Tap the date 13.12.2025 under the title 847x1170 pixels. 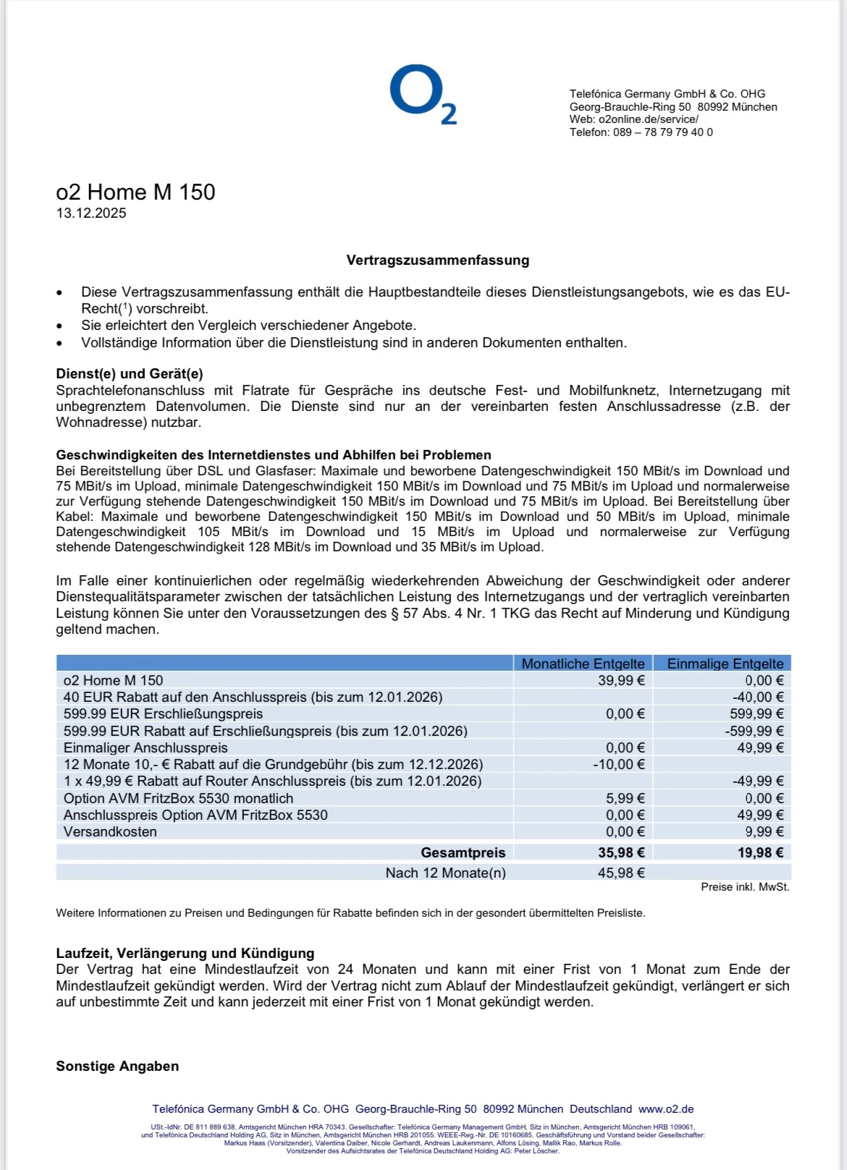point(91,213)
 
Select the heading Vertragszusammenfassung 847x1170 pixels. point(437,260)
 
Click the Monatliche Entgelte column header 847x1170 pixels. point(583,664)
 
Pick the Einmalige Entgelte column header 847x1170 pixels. point(725,664)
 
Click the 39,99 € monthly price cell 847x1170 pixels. point(620,680)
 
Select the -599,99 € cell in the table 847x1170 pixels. point(754,732)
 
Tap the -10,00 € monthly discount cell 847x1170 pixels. point(618,765)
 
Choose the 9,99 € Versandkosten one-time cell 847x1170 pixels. point(764,832)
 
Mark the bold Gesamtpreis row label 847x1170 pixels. point(463,853)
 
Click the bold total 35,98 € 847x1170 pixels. point(620,853)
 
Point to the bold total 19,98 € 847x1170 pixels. point(760,853)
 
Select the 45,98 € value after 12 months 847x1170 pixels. point(620,873)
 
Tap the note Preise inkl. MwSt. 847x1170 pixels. point(745,887)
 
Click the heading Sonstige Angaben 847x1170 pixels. point(117,1067)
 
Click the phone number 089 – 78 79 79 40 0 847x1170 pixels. point(662,132)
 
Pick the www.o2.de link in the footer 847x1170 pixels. point(666,1109)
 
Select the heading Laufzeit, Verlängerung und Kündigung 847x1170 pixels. point(185,954)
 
